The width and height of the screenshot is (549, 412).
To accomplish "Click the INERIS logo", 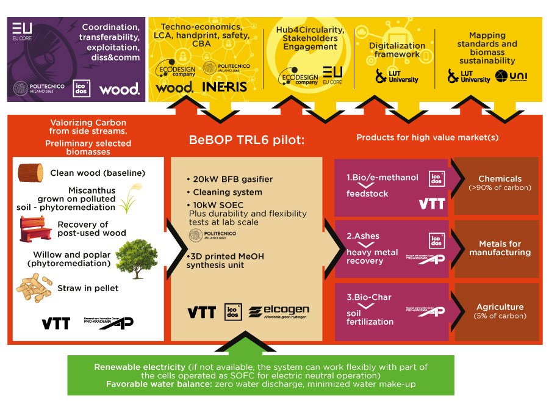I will coord(224,87).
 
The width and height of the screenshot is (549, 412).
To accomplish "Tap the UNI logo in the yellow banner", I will coord(511,76).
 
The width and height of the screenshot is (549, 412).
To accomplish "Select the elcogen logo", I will coord(278,312).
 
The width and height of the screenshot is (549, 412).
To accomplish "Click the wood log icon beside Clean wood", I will coord(30,173).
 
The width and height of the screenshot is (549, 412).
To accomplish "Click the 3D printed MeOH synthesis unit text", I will coord(225,261).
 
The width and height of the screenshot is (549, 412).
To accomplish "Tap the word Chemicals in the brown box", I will coord(500,179).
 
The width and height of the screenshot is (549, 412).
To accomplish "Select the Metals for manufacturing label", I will coord(500,248).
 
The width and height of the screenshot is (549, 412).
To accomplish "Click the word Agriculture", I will coord(500,307).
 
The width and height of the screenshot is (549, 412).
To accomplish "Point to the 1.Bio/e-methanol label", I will coord(382,178).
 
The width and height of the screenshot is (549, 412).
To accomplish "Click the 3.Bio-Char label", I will coord(369,297).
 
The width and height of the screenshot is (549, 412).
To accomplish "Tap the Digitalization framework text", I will coord(397,50).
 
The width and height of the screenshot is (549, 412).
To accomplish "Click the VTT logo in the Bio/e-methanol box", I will coord(431,204).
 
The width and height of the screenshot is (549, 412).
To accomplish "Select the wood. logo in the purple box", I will coord(120,89).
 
